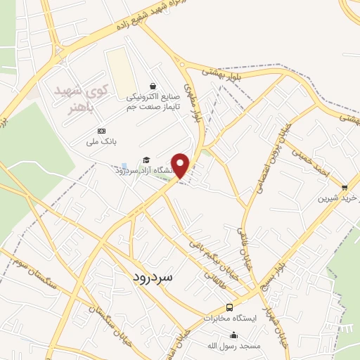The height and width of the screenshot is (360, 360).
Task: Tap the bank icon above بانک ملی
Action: tap(101, 131)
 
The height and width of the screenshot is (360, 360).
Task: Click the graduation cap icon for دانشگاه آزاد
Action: tap(146, 160)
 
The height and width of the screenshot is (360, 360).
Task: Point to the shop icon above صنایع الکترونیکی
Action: tap(154, 86)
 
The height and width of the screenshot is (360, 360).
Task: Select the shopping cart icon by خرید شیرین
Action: tap(344, 188)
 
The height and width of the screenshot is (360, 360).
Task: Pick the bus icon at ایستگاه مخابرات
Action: tap(229, 308)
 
